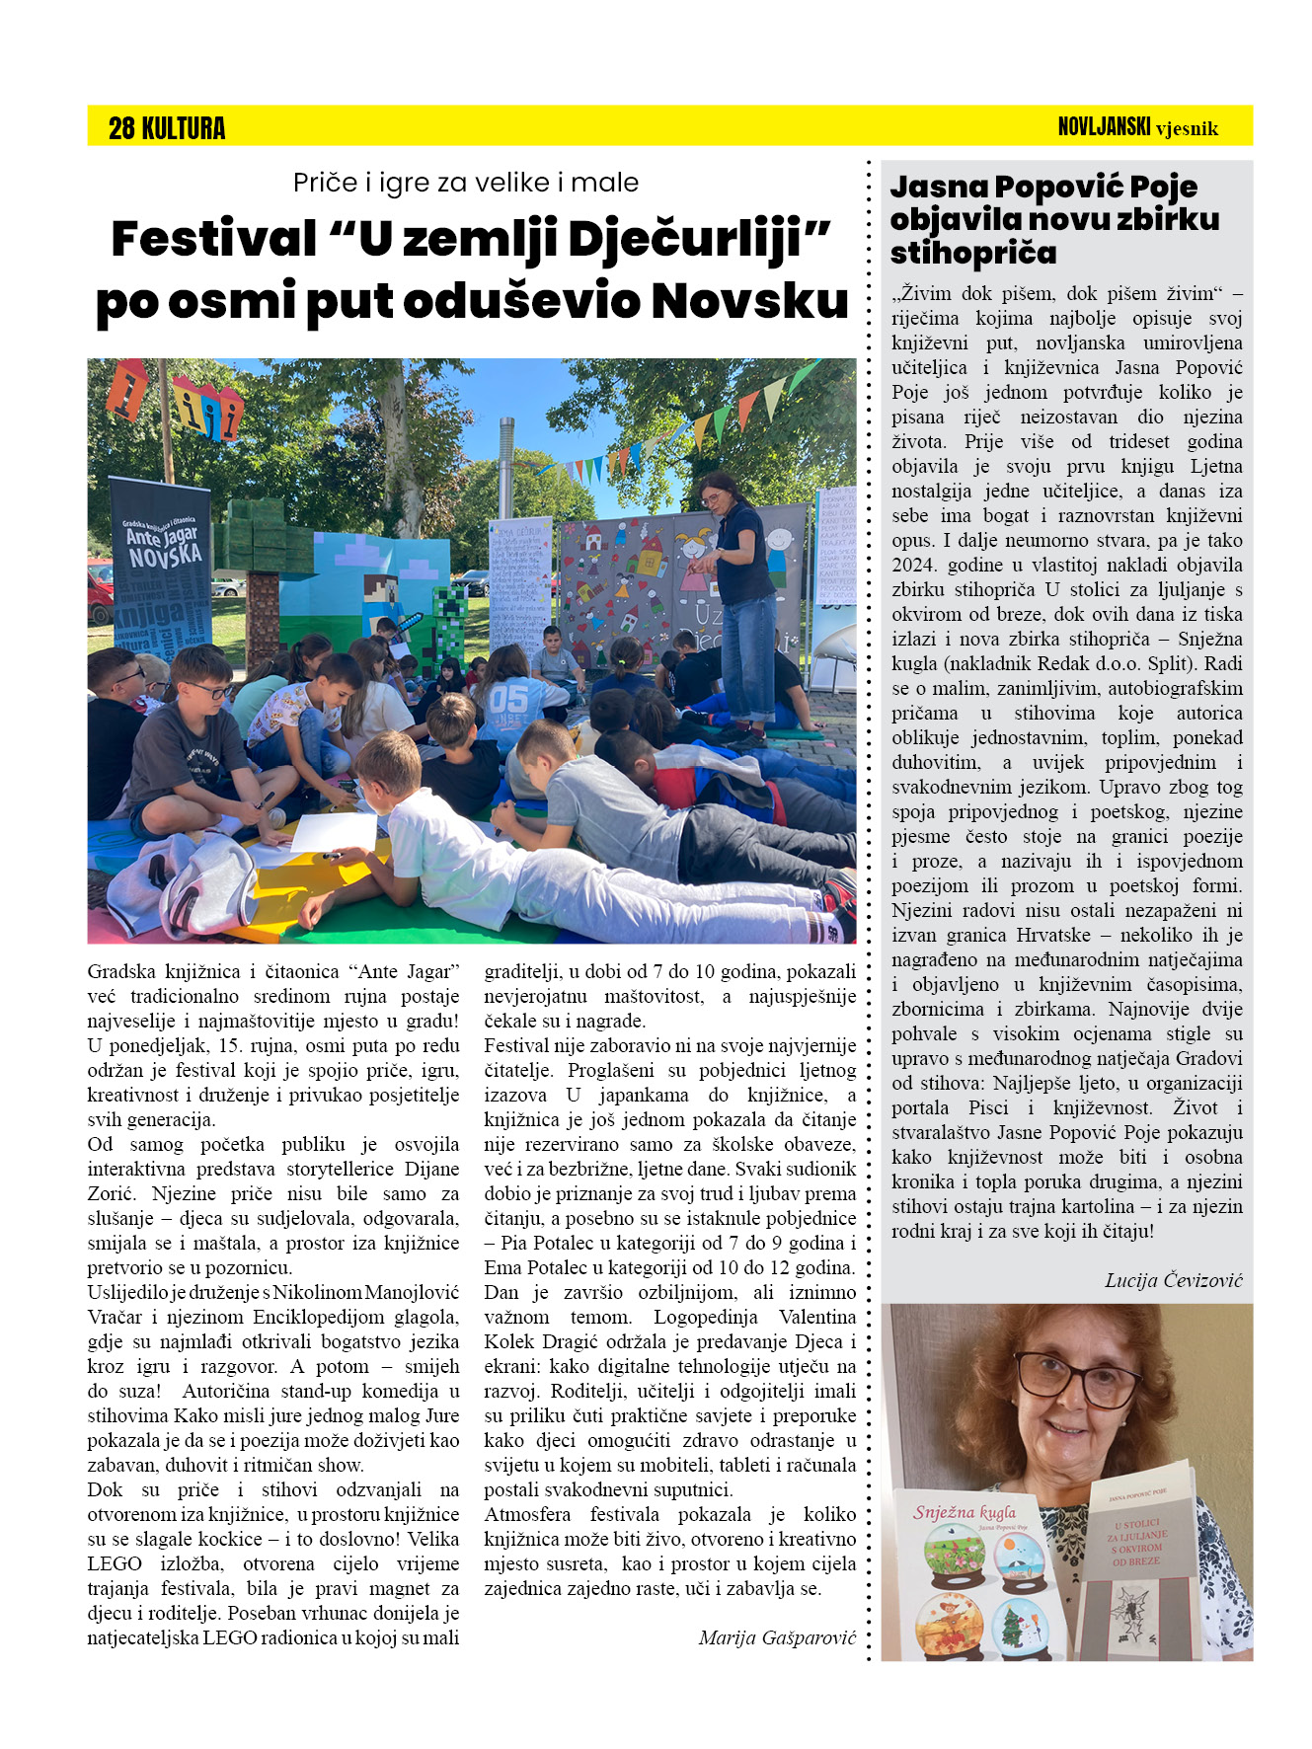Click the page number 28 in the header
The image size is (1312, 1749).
click(x=121, y=128)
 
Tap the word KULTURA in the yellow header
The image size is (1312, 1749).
click(x=184, y=128)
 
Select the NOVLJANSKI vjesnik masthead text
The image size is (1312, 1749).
click(x=1137, y=127)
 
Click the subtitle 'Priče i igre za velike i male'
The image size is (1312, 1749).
click(x=465, y=183)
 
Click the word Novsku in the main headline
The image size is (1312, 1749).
click(x=750, y=301)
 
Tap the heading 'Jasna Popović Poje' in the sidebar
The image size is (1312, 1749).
click(x=1043, y=187)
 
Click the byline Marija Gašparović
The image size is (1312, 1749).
click(x=777, y=1637)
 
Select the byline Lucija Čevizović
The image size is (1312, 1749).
click(x=1173, y=1280)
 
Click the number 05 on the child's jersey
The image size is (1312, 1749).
click(x=509, y=699)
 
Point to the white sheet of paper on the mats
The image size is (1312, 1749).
click(x=334, y=831)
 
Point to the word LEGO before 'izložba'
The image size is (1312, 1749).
click(x=115, y=1563)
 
